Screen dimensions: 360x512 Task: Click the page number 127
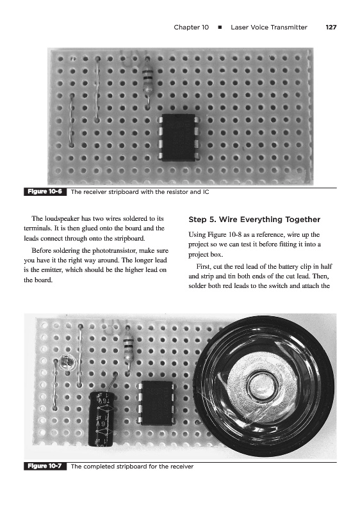coord(331,28)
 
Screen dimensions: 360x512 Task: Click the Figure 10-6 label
coord(45,191)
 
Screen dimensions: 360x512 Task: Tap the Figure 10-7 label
coord(45,466)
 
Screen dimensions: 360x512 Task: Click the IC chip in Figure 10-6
coord(178,137)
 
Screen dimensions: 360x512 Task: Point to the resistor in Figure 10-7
coord(128,347)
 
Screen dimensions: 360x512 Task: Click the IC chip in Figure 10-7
coord(158,403)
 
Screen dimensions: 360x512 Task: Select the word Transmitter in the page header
coord(288,28)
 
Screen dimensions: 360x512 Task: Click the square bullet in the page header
coord(220,28)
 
